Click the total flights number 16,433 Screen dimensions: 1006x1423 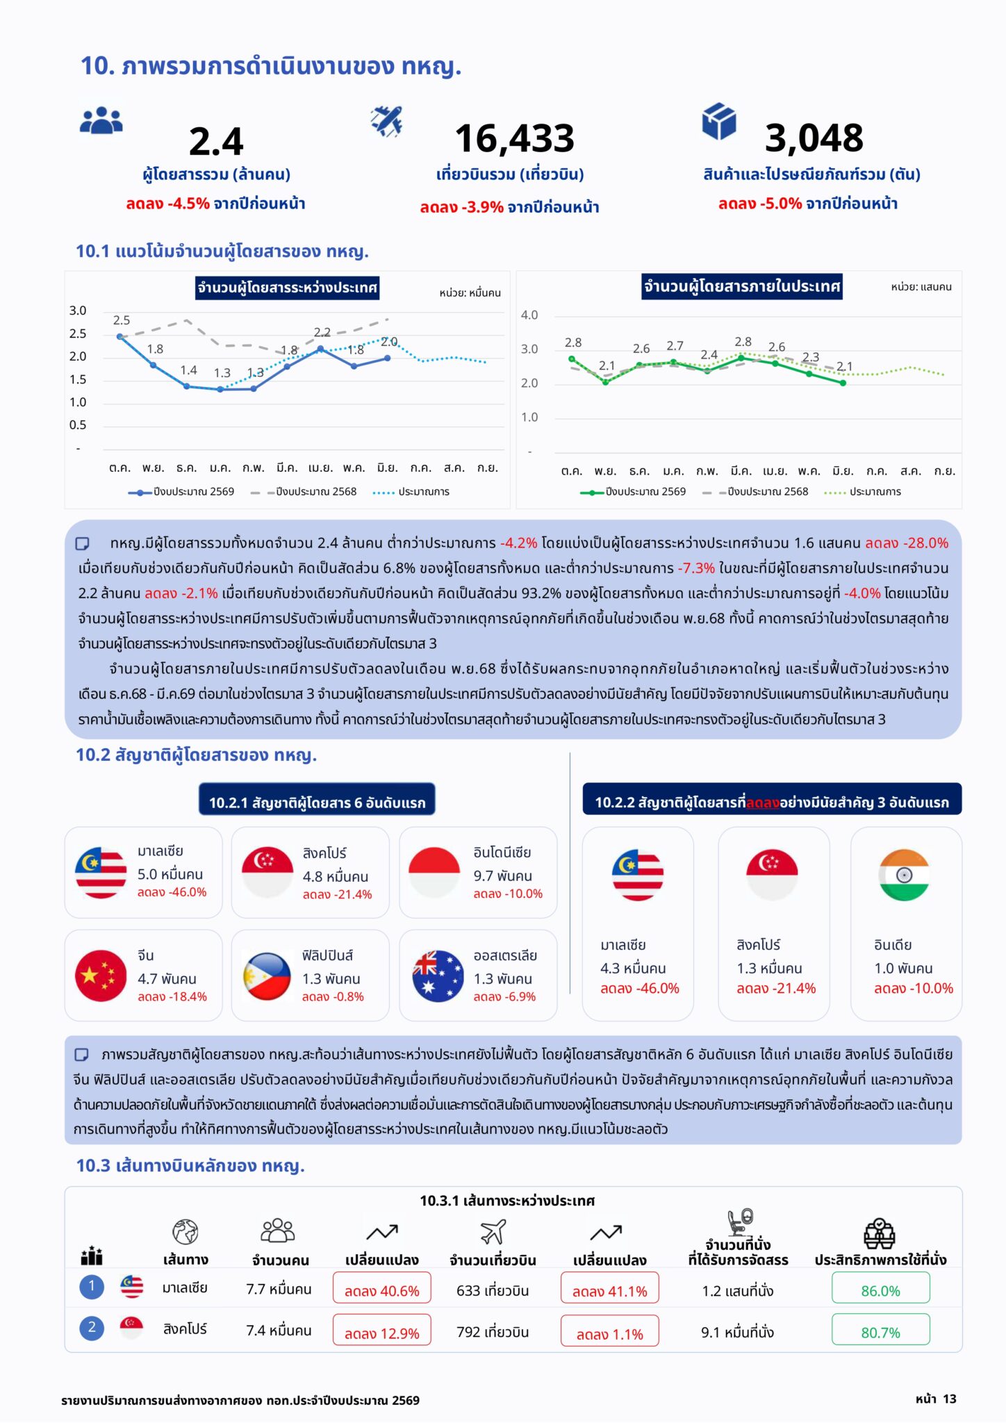[515, 138]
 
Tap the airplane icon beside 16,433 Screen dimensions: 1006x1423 [387, 121]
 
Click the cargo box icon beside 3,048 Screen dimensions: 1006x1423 [718, 121]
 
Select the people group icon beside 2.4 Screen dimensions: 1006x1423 [101, 120]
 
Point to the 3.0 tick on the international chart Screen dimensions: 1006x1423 [78, 311]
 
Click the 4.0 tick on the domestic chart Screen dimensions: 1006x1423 [529, 315]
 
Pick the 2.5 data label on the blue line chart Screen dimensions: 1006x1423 [122, 320]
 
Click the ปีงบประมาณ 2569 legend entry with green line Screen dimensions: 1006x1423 [633, 491]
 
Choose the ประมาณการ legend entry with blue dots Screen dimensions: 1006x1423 [411, 491]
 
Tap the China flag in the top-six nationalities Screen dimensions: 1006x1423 [101, 975]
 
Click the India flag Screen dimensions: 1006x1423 [904, 875]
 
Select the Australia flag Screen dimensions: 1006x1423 [438, 975]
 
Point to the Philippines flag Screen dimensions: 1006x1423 [267, 975]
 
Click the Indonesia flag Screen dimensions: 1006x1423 [434, 873]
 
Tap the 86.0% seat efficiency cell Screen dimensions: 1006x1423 [880, 1291]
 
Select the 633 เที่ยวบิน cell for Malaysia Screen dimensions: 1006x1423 [493, 1291]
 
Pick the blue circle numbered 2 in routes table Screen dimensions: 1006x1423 [92, 1328]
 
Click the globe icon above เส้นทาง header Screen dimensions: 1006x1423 [185, 1232]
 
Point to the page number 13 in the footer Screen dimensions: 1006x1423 [950, 1399]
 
